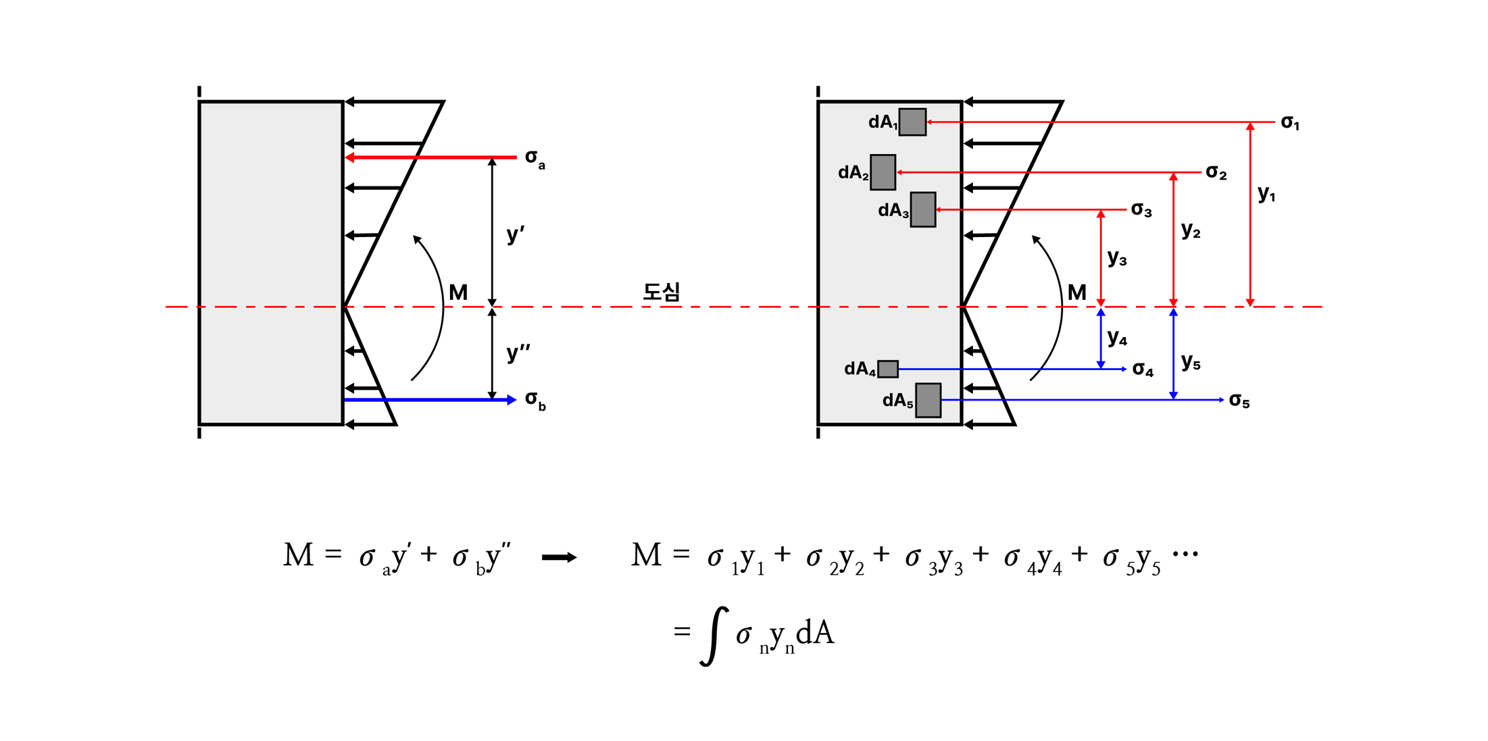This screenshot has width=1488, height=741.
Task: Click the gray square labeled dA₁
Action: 912,122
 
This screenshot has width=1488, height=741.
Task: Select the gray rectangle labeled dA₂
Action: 883,172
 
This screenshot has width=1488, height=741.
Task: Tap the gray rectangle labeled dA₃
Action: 922,209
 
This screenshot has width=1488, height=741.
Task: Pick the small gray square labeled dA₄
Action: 887,369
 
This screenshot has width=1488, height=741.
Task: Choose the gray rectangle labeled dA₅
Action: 928,400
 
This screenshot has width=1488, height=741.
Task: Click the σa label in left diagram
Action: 535,159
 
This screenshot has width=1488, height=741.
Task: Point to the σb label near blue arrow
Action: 535,401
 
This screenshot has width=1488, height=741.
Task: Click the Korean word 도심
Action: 661,292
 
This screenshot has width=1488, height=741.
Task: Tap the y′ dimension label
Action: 515,234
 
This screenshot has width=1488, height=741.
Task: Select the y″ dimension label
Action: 518,353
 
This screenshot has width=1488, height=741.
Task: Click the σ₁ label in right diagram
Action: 1290,123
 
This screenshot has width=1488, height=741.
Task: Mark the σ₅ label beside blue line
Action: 1239,401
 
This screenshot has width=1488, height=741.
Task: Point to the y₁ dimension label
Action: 1266,195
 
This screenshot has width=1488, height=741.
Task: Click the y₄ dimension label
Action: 1117,338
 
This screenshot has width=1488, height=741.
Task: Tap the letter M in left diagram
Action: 458,292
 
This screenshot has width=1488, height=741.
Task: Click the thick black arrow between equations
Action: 559,557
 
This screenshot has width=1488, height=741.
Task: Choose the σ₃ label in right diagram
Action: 1141,211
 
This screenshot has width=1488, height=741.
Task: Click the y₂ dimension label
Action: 1190,231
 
